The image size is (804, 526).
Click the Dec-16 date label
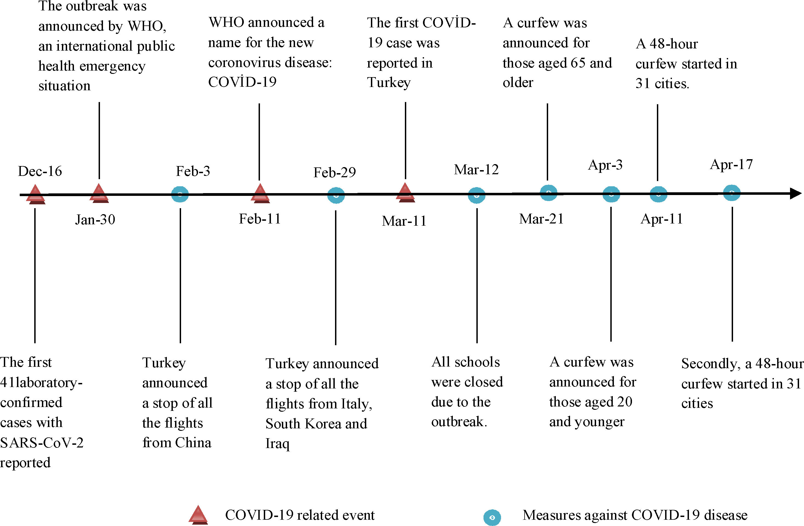coord(40,171)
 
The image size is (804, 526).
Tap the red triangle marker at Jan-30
coord(99,193)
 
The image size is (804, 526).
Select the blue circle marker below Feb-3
coord(180,194)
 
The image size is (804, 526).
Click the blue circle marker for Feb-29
coord(336,195)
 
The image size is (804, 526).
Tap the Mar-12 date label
coord(476,170)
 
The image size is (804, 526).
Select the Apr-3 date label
coord(605,165)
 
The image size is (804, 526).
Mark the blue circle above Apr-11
coord(658,194)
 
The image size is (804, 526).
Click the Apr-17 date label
coord(731,164)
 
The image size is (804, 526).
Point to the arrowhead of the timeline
coord(795,193)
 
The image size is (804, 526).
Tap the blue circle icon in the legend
coord(492,517)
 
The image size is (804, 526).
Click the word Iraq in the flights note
coord(277,444)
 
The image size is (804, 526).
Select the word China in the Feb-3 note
coord(193,442)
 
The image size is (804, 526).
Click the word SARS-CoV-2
coord(42,442)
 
